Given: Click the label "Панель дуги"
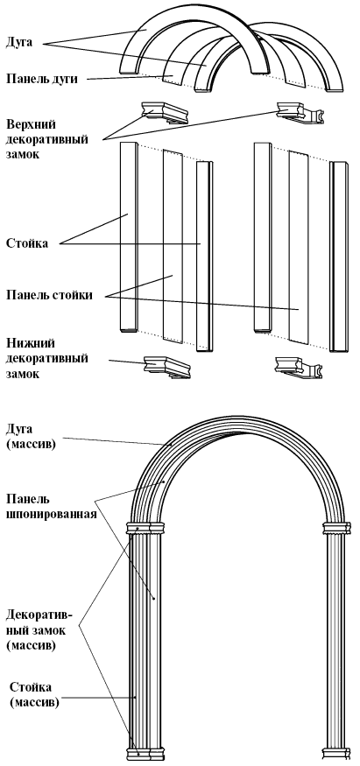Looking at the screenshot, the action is [41, 79].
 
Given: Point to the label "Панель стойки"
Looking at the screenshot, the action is [49, 296].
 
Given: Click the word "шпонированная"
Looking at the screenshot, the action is [52, 514].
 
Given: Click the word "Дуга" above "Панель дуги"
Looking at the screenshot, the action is [19, 43].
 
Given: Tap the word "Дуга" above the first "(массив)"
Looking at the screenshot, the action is [19, 430].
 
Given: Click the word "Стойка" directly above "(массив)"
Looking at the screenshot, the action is [31, 688].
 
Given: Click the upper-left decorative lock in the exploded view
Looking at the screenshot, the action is [165, 112].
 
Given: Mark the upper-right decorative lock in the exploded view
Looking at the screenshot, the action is [300, 112].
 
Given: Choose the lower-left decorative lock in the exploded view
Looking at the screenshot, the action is [166, 367].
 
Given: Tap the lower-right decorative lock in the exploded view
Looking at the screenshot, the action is [300, 368].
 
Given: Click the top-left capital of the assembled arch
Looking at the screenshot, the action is [145, 528].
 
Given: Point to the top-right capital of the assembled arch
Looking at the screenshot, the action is [337, 528].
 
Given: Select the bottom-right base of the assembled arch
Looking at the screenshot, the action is [337, 753].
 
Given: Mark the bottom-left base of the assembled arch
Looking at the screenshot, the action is [145, 753].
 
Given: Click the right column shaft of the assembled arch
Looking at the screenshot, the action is [336, 640].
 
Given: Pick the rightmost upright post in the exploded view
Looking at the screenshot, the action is [339, 257].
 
